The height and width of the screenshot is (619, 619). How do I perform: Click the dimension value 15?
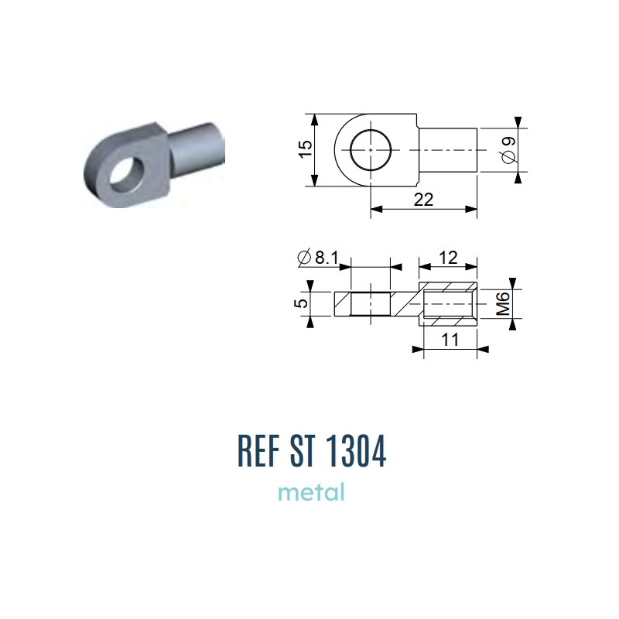tap(305, 149)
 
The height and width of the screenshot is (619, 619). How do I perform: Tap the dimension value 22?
tap(423, 200)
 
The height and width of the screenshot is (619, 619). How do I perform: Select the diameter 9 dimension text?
tap(509, 149)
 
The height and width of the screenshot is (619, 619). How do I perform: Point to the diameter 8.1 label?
tap(318, 258)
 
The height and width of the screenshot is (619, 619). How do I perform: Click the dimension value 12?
tap(448, 258)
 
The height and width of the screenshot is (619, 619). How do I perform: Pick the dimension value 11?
tap(450, 340)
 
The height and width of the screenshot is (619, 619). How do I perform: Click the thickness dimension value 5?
tap(301, 303)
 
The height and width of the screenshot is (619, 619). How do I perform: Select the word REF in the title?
tap(258, 450)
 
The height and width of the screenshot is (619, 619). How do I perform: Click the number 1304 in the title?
tap(357, 450)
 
